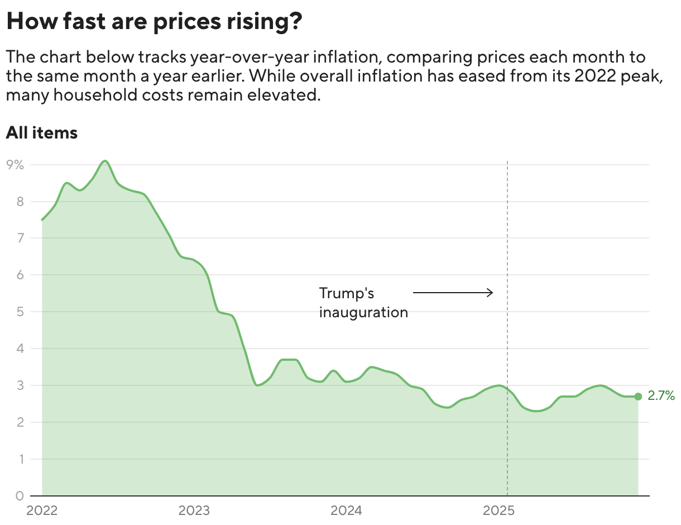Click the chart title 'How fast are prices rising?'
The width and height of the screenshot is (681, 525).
point(154,22)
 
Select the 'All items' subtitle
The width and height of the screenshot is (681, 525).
point(41,133)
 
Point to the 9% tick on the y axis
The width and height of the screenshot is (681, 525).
point(15,165)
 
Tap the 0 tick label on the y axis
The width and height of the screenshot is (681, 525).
point(19,495)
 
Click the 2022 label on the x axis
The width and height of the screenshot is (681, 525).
point(42,510)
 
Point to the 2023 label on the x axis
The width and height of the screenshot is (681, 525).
point(194,510)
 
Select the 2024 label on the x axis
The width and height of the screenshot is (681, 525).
point(347,510)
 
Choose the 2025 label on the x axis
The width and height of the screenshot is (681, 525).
point(499,510)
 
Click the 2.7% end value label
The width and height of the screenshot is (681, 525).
point(661,396)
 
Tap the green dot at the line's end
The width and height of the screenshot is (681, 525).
point(638,397)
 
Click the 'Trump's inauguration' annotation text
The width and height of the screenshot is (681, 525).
point(363,302)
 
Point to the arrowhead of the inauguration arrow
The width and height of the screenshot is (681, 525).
point(491,292)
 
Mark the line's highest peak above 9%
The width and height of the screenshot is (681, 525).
point(105,161)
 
